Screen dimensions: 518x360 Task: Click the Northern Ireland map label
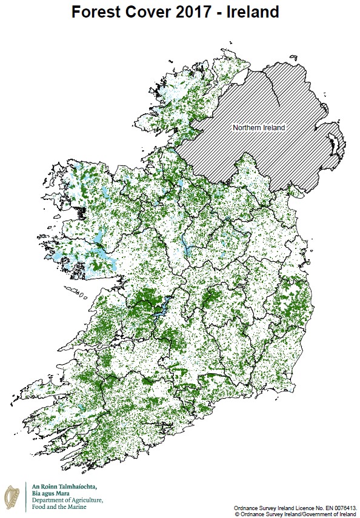point(259,128)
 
